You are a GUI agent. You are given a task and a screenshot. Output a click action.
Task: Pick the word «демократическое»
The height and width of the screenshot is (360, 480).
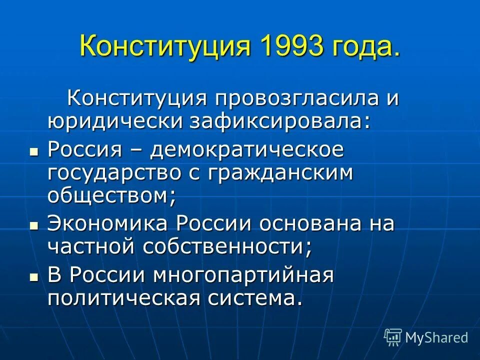[x=248, y=149]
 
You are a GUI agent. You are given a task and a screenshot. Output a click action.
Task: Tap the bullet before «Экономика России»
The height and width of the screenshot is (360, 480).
[x=34, y=225]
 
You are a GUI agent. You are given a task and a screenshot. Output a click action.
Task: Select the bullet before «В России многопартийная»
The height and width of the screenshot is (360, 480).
[x=34, y=275]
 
